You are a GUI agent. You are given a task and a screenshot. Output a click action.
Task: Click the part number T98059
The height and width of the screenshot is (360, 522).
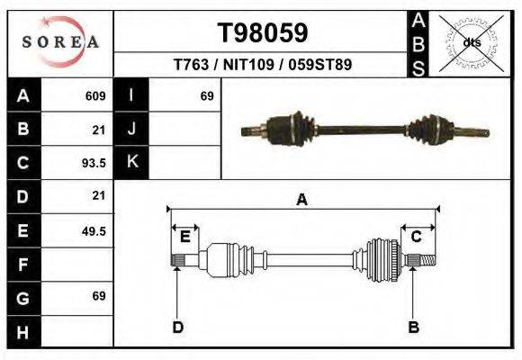pos(263,33)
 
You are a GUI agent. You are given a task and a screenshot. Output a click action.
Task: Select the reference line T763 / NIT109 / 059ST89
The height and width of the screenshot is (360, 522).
pos(263,65)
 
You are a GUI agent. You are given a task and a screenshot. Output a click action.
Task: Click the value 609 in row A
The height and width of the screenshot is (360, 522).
pos(95,95)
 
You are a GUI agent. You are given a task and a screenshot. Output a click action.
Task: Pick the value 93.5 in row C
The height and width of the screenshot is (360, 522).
pos(94,163)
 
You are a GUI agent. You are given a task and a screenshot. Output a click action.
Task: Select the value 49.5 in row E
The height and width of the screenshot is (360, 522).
pos(94,230)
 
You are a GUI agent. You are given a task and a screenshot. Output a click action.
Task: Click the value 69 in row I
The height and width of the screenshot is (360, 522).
pos(206,95)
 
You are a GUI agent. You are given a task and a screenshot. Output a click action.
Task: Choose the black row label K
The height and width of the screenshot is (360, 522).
pos(132,163)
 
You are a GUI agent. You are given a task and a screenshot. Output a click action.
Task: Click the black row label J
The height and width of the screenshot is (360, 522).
pos(132,130)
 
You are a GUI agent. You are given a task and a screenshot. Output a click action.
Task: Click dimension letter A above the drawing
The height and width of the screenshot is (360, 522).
pos(302,200)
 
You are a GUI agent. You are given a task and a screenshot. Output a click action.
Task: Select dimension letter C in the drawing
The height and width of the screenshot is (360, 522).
pos(417,237)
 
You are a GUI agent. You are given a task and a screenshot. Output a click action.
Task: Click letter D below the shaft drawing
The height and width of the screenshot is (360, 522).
pos(177,327)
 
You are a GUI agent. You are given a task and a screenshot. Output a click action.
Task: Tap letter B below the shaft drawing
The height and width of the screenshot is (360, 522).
pos(414,327)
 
